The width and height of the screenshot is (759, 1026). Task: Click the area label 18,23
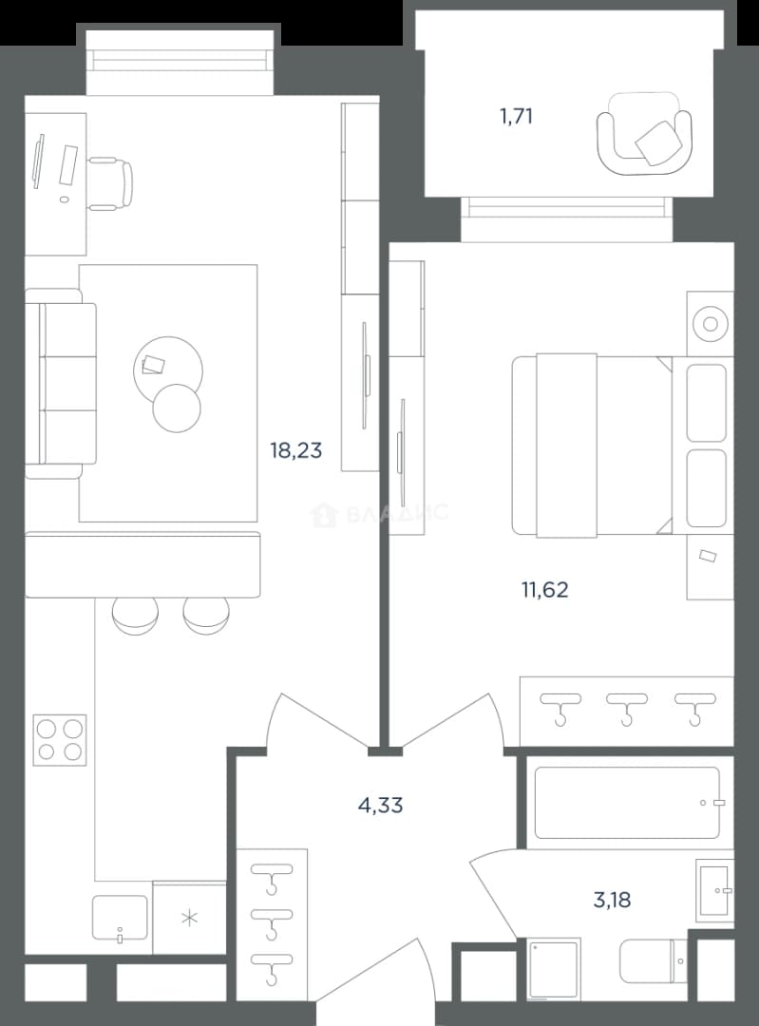pos(295,451)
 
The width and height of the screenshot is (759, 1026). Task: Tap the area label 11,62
pos(544,590)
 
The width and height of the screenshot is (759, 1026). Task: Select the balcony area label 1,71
pos(516,117)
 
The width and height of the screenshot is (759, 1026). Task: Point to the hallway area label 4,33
pos(380,806)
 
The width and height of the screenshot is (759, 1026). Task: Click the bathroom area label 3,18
pos(612,901)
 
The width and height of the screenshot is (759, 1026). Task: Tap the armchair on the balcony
pos(644,134)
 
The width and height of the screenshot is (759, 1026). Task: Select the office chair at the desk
pos(110,184)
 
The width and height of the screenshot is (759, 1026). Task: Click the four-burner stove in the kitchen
pos(60,740)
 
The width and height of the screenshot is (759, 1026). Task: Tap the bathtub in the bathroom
pos(627,803)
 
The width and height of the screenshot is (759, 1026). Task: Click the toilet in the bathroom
pos(653,961)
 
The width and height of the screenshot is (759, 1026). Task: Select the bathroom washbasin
pos(714,890)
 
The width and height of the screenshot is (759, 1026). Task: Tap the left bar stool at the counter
pos(136,616)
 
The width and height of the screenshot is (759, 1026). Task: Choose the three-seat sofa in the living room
pos(61,384)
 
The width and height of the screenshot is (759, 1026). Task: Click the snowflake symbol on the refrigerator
pos(190,919)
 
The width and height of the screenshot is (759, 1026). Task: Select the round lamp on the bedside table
pos(711,324)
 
